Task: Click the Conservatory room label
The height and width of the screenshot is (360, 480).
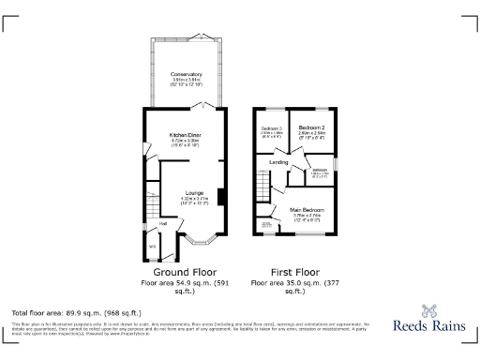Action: click(186, 74)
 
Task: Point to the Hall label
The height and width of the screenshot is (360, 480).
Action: click(162, 223)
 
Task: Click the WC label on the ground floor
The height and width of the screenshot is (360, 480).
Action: click(153, 247)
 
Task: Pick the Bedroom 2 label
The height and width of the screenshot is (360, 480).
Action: click(311, 127)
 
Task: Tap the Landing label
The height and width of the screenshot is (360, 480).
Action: click(278, 162)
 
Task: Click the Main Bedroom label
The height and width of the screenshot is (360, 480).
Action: click(307, 209)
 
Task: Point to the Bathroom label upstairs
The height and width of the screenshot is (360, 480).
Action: click(320, 169)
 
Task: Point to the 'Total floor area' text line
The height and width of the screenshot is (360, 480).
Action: click(76, 312)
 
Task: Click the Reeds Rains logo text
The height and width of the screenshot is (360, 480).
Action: click(430, 328)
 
